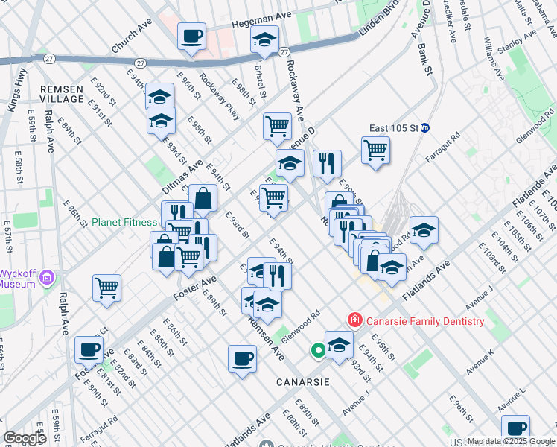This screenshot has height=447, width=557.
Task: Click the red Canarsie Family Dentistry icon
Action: click(356, 321)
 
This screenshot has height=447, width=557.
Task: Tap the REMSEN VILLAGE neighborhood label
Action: click(62, 94)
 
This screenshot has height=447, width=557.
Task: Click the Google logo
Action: click(26, 437)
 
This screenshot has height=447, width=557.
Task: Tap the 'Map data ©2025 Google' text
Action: click(511, 441)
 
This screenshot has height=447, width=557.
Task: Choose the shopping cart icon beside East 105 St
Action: click(376, 150)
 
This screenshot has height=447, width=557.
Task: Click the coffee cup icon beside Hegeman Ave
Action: click(191, 36)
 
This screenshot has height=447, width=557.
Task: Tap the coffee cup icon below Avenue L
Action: click(515, 428)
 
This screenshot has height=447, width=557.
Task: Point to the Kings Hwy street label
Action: click(15, 90)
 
